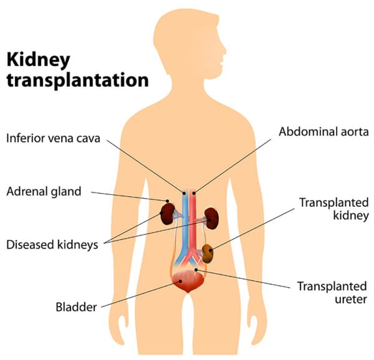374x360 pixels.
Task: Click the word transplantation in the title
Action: (x=77, y=80)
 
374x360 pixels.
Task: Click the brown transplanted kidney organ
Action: (x=207, y=253)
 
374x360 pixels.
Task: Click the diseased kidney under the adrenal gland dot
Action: (x=167, y=214)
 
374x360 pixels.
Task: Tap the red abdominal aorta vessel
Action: (x=194, y=218)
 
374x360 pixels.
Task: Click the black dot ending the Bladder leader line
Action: (x=180, y=281)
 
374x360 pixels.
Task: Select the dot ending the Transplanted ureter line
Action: (x=197, y=270)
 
